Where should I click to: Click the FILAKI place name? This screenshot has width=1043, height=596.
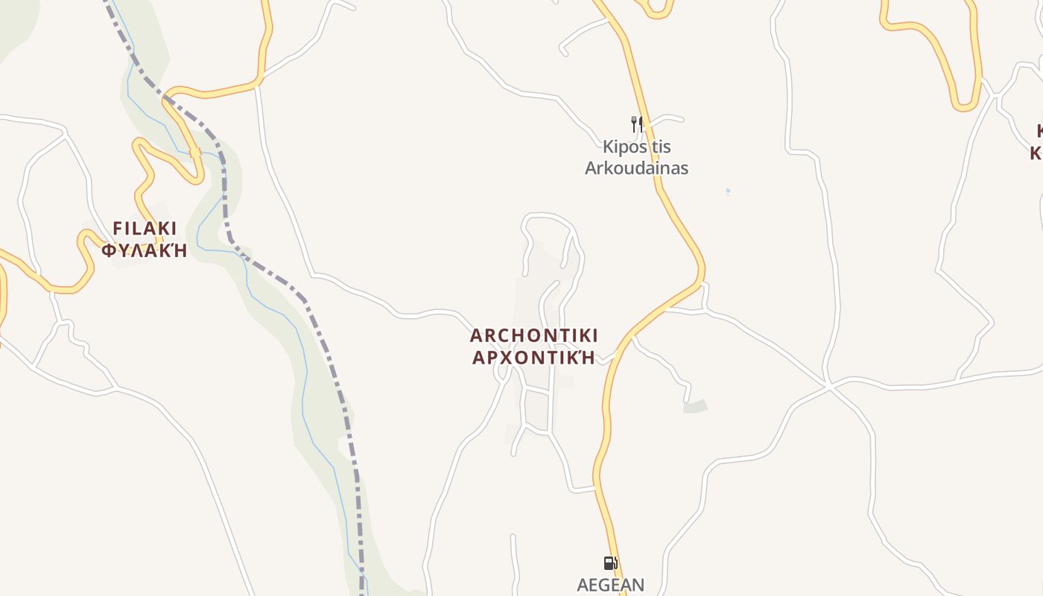point(145,228)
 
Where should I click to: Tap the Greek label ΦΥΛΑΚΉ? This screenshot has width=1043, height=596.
point(145,250)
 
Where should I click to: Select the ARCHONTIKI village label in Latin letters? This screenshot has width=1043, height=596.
point(534,335)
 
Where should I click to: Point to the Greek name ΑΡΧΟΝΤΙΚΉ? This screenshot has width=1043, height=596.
point(534,358)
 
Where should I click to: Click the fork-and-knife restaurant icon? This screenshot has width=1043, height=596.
point(636,124)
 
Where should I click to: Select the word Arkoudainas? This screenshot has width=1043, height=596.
point(636,168)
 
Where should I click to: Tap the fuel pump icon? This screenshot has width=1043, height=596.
point(610,563)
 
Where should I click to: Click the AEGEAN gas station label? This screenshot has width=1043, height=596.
point(611,586)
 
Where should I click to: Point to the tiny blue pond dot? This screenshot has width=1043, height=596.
point(728,191)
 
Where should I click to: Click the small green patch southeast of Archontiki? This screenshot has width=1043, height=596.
point(695,407)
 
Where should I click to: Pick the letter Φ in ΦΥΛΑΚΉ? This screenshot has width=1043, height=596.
point(109,250)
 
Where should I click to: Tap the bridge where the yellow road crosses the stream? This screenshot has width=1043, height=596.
point(195,153)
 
